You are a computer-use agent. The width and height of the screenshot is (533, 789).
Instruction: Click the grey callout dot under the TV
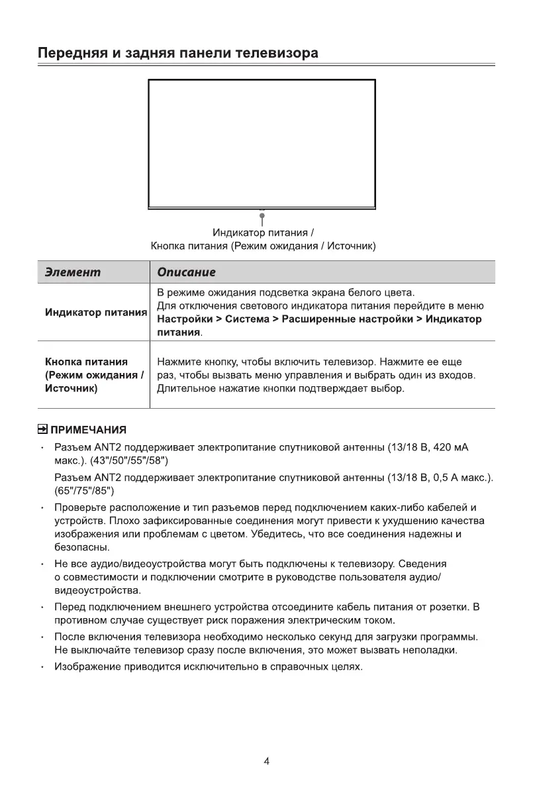coord(262,216)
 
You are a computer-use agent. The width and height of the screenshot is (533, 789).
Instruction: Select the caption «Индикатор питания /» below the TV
coord(263,233)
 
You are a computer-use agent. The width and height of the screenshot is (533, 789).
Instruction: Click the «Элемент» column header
coord(73,272)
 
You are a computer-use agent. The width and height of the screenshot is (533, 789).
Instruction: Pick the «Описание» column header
coord(187,272)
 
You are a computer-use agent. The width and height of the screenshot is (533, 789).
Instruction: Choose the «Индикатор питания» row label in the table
coord(95,312)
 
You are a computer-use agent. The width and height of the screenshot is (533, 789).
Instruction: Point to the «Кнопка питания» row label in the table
coord(86,362)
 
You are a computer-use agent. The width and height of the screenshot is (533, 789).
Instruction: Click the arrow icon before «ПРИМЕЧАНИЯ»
coord(42,430)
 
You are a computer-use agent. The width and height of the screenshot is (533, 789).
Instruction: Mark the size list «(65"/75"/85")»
coord(84,491)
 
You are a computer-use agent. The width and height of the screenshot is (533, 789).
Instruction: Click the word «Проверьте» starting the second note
coord(80,508)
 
